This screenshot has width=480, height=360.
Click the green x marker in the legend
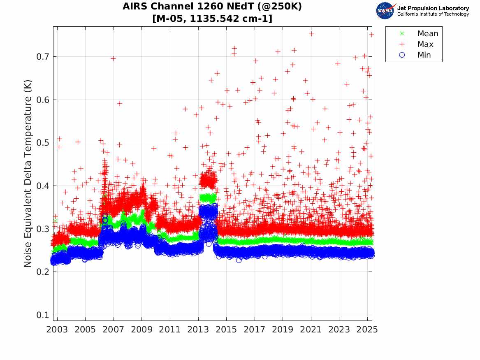402,33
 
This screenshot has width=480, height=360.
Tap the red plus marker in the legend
402,44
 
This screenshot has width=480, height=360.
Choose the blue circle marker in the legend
402,55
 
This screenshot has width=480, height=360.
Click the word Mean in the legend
428,33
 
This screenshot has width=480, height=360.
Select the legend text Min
424,55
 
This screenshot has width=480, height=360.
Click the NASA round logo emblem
385,11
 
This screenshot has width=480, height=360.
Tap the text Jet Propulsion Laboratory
433,8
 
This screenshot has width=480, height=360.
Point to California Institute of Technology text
433,14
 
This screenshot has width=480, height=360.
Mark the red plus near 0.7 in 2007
113,58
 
